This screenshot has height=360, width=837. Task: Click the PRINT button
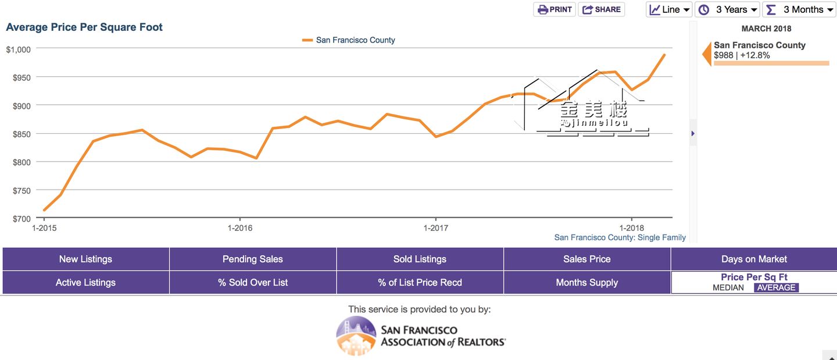(555, 9)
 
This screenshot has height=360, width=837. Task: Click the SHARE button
(602, 9)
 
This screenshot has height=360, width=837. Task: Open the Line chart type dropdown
(670, 9)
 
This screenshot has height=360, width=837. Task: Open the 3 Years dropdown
(728, 9)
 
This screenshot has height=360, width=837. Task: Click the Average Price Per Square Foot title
(84, 27)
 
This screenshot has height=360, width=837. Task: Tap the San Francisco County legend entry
(349, 40)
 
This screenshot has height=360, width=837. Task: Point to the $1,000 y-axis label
(18, 49)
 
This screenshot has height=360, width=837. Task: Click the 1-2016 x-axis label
(240, 228)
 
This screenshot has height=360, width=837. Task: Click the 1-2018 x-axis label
(632, 228)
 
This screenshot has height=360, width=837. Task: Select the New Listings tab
(85, 259)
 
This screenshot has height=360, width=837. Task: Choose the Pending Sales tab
(253, 259)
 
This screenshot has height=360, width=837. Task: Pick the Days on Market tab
(754, 259)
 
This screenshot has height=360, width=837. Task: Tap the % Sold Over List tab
(253, 283)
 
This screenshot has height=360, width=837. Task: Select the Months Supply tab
(587, 283)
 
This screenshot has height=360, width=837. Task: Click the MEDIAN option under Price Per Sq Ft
(728, 287)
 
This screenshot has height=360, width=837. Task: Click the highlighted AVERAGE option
(776, 287)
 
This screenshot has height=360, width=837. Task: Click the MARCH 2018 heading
(766, 28)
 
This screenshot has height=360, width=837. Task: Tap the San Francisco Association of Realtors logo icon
(356, 336)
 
